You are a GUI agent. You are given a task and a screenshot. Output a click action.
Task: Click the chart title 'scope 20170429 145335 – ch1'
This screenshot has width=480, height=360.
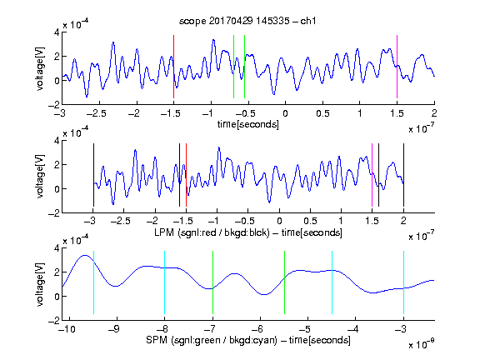(x=247, y=21)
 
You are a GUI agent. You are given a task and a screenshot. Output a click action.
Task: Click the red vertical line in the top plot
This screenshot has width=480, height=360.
(x=173, y=67)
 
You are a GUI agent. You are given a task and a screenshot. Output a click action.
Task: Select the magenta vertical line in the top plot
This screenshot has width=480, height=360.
(x=397, y=67)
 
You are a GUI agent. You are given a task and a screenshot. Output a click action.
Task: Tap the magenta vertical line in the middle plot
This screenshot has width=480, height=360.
(x=372, y=175)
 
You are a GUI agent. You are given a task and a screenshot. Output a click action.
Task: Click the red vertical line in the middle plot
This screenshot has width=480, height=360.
(x=186, y=175)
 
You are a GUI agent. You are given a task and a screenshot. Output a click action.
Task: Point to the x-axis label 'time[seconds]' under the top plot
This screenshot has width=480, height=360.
(x=248, y=124)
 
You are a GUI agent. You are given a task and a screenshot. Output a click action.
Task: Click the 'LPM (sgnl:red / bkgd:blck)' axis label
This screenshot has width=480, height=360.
(x=212, y=232)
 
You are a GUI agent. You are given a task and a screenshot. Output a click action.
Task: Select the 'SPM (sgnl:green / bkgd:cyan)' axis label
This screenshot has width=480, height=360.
(x=212, y=340)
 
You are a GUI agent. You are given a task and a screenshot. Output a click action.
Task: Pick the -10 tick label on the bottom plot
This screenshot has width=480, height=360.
(x=67, y=329)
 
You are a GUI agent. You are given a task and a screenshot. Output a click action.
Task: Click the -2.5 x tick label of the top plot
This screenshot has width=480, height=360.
(x=96, y=113)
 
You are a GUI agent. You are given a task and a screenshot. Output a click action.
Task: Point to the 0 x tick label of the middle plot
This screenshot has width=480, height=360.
(x=279, y=221)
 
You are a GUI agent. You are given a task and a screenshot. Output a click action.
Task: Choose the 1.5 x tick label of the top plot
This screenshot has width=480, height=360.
(x=397, y=113)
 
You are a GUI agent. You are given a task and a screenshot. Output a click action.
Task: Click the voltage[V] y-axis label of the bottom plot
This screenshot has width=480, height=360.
(x=40, y=284)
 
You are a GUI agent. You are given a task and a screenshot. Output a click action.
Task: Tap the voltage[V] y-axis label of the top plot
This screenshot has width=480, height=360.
(x=40, y=68)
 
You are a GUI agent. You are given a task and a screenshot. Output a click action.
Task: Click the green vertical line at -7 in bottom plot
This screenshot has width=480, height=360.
(x=212, y=282)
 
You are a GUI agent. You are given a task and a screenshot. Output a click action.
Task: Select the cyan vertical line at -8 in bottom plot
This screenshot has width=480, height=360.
(x=164, y=282)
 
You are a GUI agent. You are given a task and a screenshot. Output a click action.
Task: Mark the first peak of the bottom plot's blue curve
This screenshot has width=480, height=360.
(x=85, y=255)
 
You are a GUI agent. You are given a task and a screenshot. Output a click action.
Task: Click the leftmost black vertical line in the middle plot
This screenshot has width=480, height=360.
(x=93, y=175)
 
